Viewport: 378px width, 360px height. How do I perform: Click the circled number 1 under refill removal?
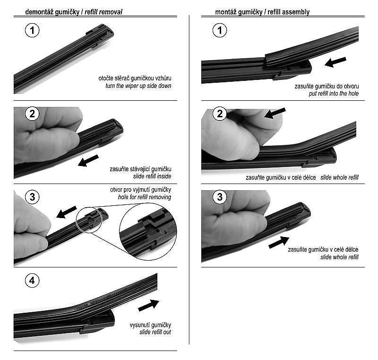[x=32, y=30]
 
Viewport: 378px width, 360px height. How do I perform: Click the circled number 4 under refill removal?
[x=32, y=281]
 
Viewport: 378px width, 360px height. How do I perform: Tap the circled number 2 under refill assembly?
[x=220, y=114]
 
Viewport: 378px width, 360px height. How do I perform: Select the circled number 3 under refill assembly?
[x=220, y=197]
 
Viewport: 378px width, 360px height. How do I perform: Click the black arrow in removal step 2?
[x=88, y=160]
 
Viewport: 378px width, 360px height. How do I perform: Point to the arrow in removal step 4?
[x=149, y=305]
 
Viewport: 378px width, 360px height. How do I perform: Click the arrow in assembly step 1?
[x=335, y=62]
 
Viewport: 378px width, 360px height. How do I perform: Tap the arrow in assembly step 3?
[x=279, y=242]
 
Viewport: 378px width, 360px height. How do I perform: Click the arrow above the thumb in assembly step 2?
[x=275, y=113]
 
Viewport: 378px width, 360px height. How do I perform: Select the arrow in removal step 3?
[x=66, y=212]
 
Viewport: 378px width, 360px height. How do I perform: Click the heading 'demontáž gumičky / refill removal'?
[x=74, y=12]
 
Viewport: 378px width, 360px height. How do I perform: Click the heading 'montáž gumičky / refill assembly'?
[x=262, y=12]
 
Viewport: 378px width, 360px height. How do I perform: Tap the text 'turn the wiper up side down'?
[x=138, y=86]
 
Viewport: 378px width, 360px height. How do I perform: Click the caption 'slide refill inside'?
[x=152, y=176]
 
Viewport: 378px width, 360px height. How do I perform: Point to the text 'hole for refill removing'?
[x=145, y=197]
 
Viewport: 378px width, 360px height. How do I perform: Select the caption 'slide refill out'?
[x=155, y=332]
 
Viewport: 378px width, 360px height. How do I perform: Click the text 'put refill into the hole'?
[x=334, y=94]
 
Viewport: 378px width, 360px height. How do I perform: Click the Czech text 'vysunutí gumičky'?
[x=150, y=325]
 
